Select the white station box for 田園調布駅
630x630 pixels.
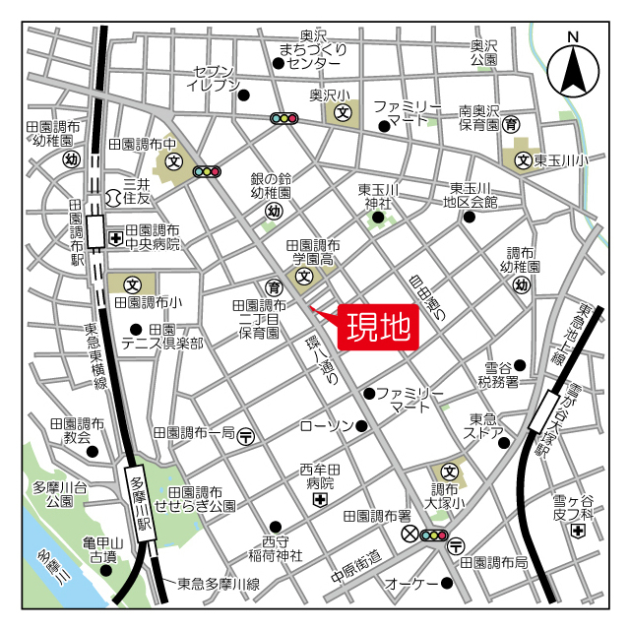95,232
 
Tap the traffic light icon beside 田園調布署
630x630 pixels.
433,535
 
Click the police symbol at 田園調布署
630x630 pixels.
410,535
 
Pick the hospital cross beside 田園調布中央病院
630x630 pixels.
115,238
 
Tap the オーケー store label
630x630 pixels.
410,584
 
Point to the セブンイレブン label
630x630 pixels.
213,79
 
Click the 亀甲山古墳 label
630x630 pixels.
100,549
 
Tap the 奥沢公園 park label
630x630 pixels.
483,53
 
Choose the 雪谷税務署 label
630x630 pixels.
497,373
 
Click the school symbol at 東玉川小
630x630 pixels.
524,158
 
